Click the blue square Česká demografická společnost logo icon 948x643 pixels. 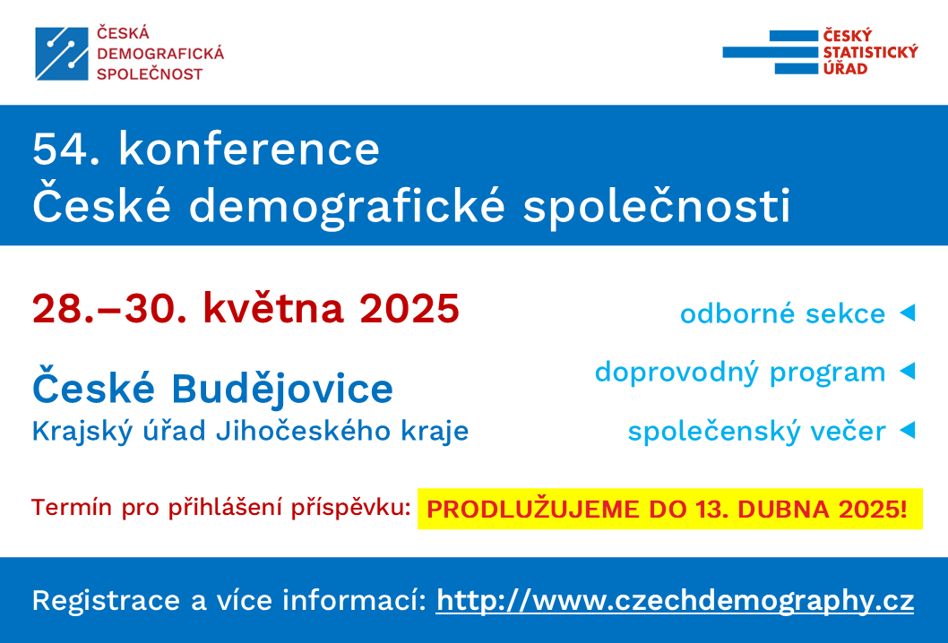tap(62, 54)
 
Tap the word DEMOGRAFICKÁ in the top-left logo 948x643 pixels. tap(160, 54)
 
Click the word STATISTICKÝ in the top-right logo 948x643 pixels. tap(870, 52)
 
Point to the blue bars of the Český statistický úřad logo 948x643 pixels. tap(771, 52)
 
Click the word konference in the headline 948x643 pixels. tap(249, 149)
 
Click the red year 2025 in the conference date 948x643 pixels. tap(409, 309)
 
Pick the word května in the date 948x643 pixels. tap(273, 309)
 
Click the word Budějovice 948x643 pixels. tap(282, 388)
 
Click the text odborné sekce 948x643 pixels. tap(783, 313)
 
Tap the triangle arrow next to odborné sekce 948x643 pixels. tap(908, 313)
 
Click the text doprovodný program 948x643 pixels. tap(740, 373)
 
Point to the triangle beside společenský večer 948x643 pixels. tap(908, 430)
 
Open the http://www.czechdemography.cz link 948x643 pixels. tap(675, 601)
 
